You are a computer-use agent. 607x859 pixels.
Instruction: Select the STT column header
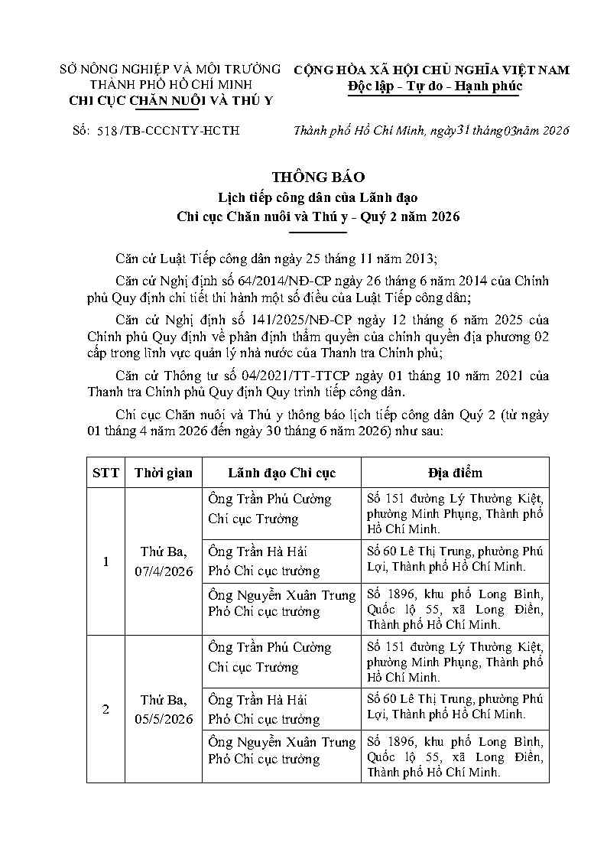(105, 473)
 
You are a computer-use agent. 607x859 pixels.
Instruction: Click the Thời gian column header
(163, 473)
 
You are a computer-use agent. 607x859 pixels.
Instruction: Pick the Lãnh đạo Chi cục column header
(281, 473)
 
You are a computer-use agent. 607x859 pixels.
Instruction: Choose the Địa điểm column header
(455, 473)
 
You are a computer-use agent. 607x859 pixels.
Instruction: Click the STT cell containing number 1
(105, 561)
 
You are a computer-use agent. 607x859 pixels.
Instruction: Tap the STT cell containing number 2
(105, 709)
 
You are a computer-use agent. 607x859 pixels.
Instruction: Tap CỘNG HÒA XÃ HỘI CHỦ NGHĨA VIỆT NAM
(432, 70)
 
